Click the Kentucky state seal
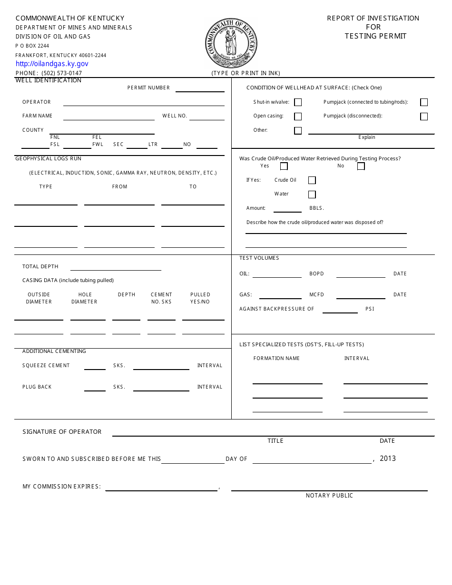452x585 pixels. pos(231,43)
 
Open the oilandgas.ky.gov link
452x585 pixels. pos(52,64)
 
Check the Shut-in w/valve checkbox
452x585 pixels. pos(298,102)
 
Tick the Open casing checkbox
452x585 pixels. pos(298,117)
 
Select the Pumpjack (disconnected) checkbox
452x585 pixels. pos(424,117)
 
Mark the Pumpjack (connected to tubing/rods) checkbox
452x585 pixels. pos(424,102)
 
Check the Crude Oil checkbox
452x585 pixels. pos(312,180)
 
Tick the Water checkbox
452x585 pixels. pos(312,194)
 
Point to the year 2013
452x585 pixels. pos(388,458)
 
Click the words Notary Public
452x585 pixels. pos(329,496)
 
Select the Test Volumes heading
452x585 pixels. pos(259,258)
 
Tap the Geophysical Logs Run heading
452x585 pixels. pos(49,159)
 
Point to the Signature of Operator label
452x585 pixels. pos(62,432)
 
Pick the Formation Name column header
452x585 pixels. pos(276,359)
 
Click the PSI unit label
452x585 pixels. pos(370,309)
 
